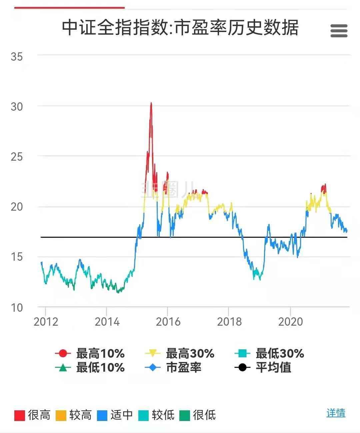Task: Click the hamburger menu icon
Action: click(339, 31)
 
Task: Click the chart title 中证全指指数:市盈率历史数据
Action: click(180, 27)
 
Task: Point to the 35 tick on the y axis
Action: click(17, 56)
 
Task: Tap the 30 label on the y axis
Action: click(17, 107)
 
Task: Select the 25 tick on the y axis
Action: click(17, 156)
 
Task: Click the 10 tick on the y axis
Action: click(17, 307)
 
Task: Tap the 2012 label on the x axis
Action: click(46, 322)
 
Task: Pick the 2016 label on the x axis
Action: click(168, 322)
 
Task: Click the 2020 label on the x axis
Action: click(290, 322)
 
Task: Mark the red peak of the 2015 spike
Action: click(151, 103)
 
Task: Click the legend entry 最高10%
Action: click(90, 353)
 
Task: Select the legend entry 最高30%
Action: click(180, 353)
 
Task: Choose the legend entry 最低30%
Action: click(269, 353)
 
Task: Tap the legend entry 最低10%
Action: click(90, 368)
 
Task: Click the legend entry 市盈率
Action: click(173, 368)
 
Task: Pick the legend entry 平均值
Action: click(263, 368)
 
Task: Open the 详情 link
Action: click(336, 413)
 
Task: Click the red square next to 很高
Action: click(20, 415)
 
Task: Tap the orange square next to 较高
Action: click(61, 415)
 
